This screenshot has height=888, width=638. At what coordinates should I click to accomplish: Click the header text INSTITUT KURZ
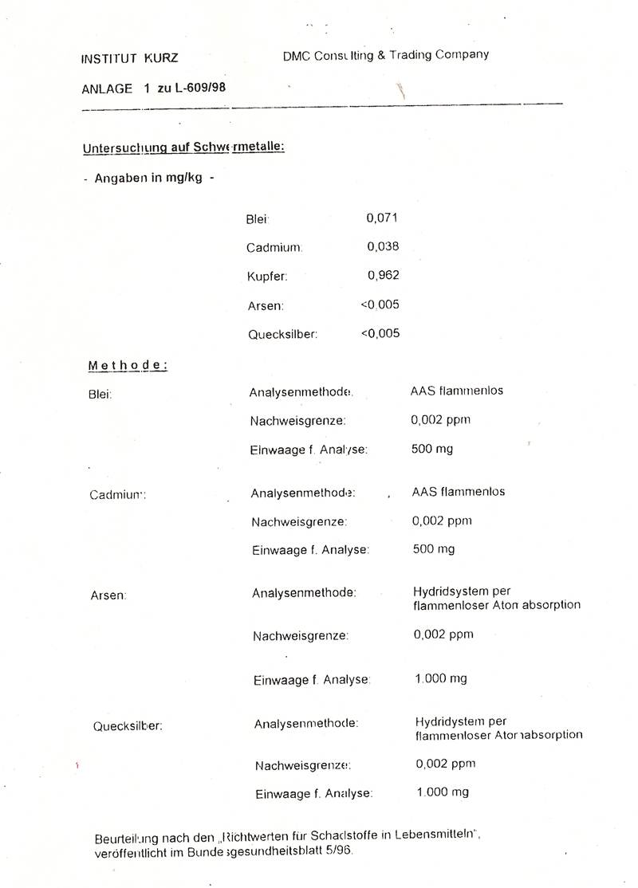point(129,58)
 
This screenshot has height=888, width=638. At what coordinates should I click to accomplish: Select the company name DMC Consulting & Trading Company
point(385,55)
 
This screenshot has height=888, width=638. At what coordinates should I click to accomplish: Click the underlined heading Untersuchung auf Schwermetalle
point(183,147)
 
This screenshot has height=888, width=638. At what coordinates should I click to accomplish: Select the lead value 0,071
point(382,218)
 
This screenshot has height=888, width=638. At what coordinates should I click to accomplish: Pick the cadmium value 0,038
point(383,247)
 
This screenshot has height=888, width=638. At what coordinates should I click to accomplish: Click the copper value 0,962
point(383,276)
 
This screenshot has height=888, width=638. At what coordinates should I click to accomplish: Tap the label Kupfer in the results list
point(267,277)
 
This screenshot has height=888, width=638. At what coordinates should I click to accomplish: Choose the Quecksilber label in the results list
point(282,335)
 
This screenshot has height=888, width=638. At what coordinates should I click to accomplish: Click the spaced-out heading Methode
point(128,366)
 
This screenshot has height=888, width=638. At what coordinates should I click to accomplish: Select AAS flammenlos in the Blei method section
point(457,391)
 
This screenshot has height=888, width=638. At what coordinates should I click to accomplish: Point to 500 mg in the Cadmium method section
point(434,549)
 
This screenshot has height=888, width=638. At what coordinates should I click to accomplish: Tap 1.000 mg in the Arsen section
point(441,679)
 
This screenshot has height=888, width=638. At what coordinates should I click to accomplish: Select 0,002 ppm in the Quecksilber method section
point(445,764)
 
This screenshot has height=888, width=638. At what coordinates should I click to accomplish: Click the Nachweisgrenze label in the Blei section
point(297,421)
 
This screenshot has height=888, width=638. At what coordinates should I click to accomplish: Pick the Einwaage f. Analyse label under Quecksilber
point(314,794)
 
